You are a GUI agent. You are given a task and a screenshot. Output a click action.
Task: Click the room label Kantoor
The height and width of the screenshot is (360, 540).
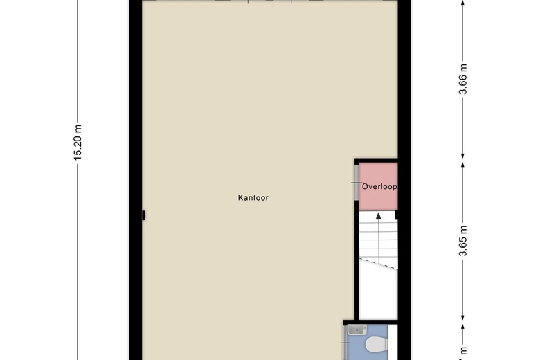(x=253, y=198)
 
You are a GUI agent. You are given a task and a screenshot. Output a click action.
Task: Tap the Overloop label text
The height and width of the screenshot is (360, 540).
(x=379, y=187)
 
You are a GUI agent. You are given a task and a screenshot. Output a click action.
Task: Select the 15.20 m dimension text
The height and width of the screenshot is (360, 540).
(x=78, y=143)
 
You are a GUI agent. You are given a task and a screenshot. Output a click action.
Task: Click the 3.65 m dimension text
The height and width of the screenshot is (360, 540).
(x=463, y=241)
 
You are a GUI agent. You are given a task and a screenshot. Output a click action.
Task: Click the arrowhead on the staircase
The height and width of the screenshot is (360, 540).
(x=379, y=217)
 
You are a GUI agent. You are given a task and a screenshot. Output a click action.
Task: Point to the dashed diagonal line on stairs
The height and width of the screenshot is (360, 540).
(x=378, y=263)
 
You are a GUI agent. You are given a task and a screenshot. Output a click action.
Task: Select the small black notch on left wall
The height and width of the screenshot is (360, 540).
(x=143, y=215)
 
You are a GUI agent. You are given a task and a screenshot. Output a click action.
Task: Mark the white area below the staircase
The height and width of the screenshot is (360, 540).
(x=378, y=294)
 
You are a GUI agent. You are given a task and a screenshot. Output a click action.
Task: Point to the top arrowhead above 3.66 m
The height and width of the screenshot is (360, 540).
(x=463, y=3)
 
